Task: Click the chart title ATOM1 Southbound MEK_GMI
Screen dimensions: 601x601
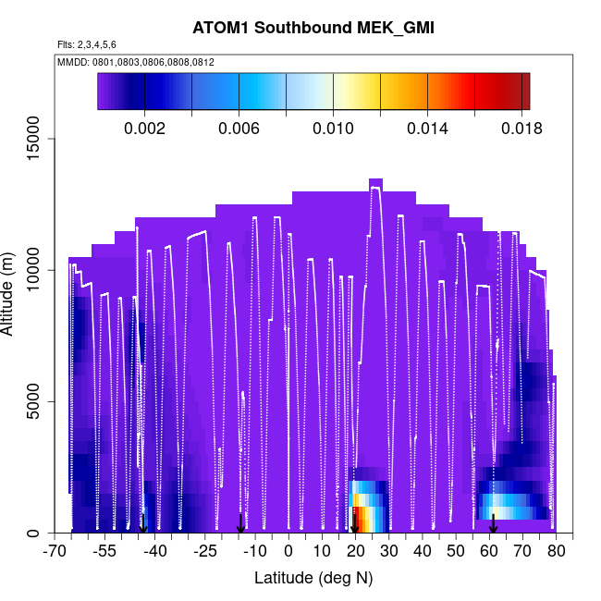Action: (313, 28)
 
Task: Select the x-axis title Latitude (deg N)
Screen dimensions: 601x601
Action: (313, 578)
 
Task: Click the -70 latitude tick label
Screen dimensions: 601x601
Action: (55, 552)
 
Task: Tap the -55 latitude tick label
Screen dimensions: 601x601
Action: (104, 552)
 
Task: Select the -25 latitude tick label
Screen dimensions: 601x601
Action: (205, 552)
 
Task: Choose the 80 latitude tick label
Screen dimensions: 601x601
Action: (557, 552)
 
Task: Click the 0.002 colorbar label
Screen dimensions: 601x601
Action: (144, 129)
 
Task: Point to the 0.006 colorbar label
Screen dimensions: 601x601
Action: (239, 129)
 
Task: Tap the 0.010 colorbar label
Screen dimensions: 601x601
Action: (333, 129)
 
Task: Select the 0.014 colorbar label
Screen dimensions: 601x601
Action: (427, 129)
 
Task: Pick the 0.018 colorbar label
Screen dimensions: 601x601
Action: (521, 129)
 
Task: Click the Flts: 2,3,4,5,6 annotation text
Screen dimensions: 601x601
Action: (87, 44)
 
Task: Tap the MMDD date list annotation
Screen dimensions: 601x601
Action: (136, 62)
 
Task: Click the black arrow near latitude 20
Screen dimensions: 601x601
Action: (354, 523)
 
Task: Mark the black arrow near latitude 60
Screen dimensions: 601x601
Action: (494, 523)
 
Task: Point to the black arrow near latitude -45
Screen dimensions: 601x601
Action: (143, 523)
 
